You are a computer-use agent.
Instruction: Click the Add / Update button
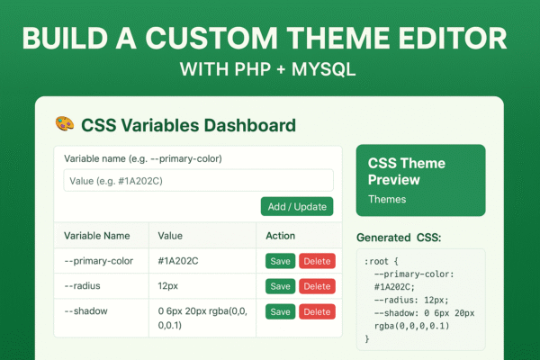click(297, 206)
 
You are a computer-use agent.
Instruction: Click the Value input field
click(198, 180)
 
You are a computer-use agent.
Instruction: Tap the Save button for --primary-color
click(280, 261)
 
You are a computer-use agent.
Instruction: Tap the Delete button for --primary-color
click(317, 261)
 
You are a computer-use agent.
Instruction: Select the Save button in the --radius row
click(280, 286)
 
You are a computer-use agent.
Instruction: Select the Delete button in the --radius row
click(317, 286)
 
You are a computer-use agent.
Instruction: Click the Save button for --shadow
click(280, 311)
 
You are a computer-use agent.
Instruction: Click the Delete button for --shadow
click(317, 311)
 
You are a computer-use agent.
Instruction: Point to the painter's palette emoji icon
click(64, 124)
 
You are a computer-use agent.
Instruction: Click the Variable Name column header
click(96, 236)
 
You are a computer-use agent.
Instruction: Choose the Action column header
click(282, 236)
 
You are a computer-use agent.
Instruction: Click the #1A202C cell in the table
click(178, 261)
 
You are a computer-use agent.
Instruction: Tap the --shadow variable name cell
click(86, 310)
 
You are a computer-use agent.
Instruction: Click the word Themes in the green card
click(387, 199)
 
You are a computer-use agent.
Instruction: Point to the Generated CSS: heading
click(401, 238)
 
